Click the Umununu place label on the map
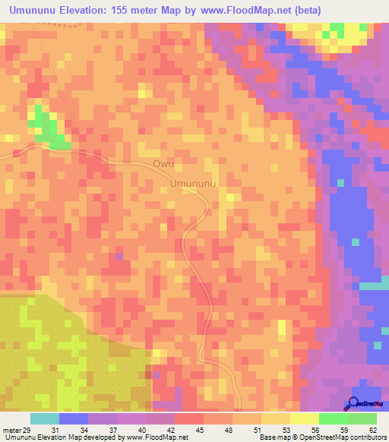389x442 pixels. tap(194, 184)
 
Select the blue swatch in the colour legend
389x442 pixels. tap(73, 418)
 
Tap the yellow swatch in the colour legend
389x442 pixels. tap(304, 418)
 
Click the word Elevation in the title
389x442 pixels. tap(88, 10)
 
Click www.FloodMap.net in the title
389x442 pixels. tap(243, 10)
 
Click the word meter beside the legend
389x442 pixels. tap(11, 429)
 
